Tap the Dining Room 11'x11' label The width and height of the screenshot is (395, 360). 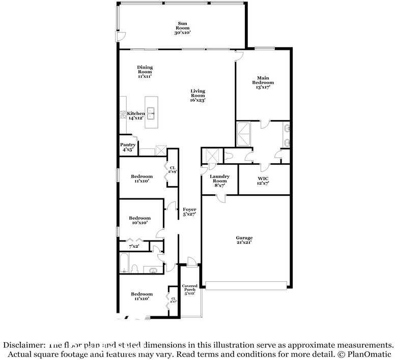click(x=145, y=72)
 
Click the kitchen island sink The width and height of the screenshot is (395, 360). click(x=151, y=113)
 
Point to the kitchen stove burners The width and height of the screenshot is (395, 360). click(x=123, y=115)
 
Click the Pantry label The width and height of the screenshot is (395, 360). click(x=128, y=147)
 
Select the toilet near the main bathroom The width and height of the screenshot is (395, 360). click(x=228, y=156)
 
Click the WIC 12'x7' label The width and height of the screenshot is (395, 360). click(x=263, y=181)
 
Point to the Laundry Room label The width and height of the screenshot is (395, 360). click(x=220, y=181)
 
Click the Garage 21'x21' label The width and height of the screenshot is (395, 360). click(x=244, y=240)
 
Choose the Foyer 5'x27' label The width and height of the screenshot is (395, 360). click(x=189, y=212)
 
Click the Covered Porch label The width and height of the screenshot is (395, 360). click(x=189, y=290)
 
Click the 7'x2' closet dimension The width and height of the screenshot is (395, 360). click(x=134, y=246)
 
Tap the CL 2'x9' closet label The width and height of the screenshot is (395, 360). click(x=173, y=170)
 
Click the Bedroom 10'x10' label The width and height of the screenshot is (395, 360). click(x=139, y=220)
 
